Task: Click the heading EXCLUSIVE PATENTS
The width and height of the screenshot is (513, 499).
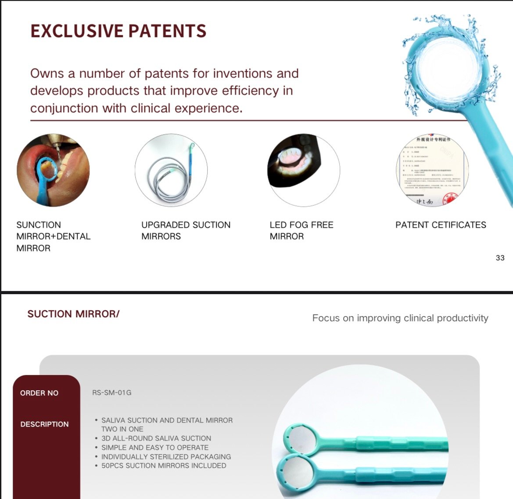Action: coord(118,31)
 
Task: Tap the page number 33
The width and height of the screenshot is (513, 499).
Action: coord(500,258)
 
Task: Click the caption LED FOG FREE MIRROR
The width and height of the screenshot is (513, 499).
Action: coord(301,230)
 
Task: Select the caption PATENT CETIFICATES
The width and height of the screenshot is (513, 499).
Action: coord(441,225)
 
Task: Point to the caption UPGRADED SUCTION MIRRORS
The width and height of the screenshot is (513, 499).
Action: coord(186,230)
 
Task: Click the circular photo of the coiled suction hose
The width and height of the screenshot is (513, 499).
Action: coord(171,170)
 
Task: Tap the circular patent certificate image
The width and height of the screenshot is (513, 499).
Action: coord(432,170)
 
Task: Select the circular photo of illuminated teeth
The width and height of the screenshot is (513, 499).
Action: coord(304,170)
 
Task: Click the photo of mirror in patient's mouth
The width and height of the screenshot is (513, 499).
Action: coord(53,170)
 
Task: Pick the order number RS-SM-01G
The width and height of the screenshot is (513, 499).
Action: coord(112,393)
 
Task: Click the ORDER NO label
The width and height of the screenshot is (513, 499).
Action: coord(39,393)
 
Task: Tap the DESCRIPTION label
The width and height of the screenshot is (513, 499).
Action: coord(44,424)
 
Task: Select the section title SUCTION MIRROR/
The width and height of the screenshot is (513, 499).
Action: coord(73,314)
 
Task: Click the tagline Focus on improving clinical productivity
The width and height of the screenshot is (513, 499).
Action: coord(400,318)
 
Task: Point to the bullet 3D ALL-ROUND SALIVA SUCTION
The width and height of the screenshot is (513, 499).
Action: coord(156,438)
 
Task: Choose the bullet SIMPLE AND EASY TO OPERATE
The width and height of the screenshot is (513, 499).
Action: coord(154,448)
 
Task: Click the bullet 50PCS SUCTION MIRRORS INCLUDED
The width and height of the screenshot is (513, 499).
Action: coord(164,466)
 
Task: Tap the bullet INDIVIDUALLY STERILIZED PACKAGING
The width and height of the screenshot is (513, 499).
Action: coord(166,457)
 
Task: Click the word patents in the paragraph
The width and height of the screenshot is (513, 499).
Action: coord(167,73)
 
